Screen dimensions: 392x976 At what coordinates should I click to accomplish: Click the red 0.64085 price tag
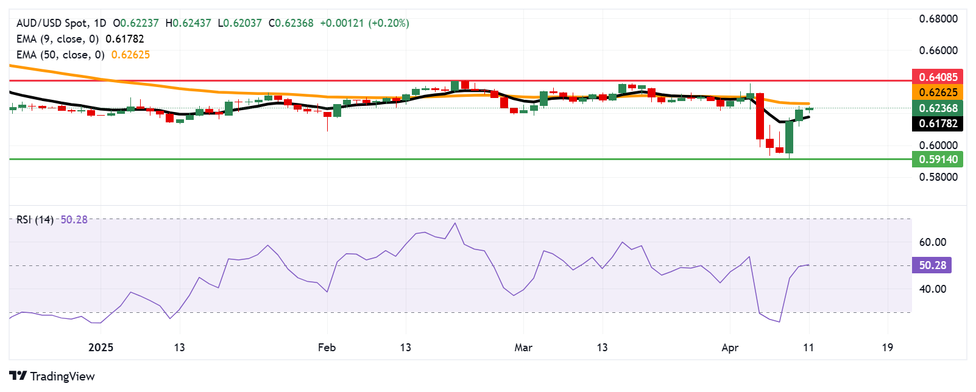coord(938,77)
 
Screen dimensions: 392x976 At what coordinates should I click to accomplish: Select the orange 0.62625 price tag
coord(938,93)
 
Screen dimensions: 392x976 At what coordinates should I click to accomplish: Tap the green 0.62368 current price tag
coord(938,108)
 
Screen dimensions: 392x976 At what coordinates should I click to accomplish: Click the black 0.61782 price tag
coord(938,124)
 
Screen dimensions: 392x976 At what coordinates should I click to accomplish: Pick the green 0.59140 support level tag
coord(938,159)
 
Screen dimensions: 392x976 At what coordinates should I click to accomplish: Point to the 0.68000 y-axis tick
coord(938,19)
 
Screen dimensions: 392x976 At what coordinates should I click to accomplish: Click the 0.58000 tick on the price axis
coord(938,177)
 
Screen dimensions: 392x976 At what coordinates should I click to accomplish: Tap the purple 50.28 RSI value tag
coord(932,265)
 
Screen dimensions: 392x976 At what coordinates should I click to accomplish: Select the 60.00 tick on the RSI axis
coord(932,242)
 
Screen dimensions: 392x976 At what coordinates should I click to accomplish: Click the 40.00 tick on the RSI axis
coord(932,289)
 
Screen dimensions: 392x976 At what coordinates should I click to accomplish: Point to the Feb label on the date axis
coord(327,348)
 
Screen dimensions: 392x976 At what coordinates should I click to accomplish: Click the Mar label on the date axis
coord(523,348)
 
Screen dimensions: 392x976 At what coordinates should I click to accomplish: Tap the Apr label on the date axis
coord(729,348)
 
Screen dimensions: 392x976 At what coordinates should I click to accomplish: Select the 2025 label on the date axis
coord(101,348)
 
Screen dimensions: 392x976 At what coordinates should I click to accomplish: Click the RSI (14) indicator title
coord(35,220)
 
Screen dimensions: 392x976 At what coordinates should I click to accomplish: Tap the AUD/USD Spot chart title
coord(52,23)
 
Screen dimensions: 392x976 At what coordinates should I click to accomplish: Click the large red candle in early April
coord(760,116)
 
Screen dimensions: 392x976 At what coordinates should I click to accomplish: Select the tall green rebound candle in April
coord(790,137)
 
